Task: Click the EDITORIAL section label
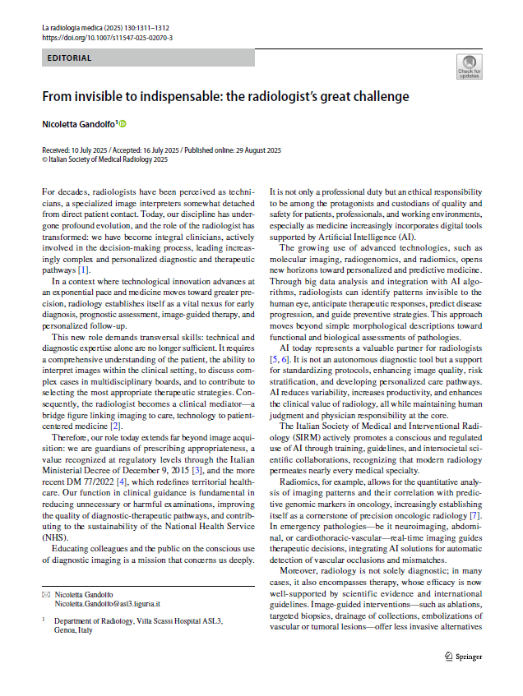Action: [x=70, y=58]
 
